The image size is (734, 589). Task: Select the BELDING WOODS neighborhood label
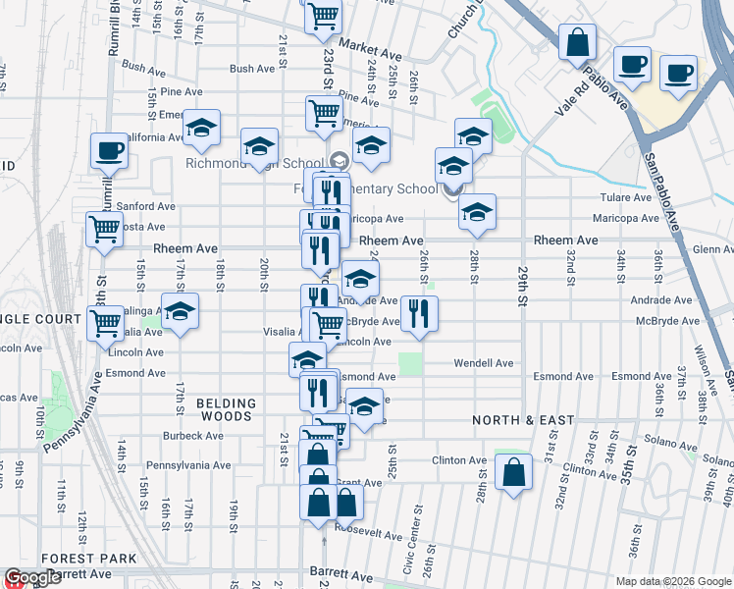(x=226, y=409)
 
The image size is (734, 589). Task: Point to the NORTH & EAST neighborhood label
(x=523, y=420)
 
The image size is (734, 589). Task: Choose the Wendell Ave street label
(x=483, y=363)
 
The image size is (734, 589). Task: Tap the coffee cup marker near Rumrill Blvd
(x=108, y=151)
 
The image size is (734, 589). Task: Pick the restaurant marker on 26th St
(x=419, y=313)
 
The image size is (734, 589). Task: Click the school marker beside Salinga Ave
(x=180, y=311)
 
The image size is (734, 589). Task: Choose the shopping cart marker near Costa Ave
(x=103, y=230)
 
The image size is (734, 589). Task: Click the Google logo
(x=32, y=577)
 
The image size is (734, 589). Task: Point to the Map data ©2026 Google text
(x=672, y=581)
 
